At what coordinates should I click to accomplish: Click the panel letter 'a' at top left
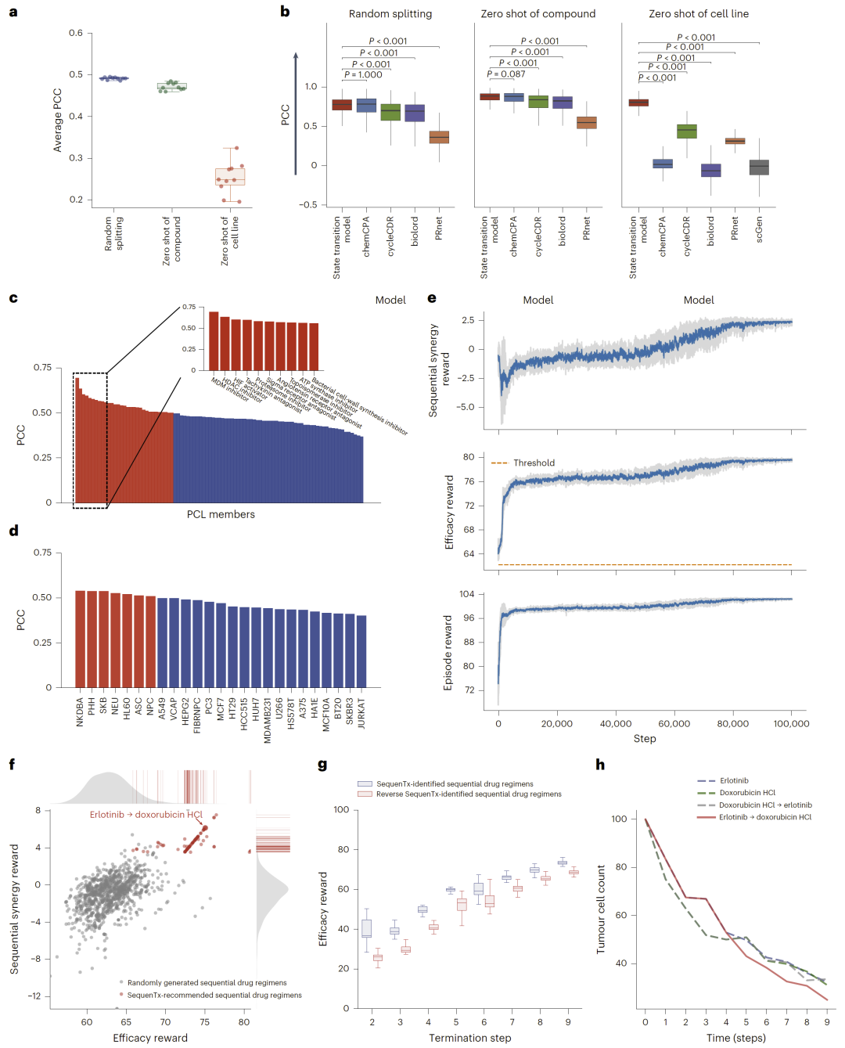(13, 12)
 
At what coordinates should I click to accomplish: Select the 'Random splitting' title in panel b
(390, 14)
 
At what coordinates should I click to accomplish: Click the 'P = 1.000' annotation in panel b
(364, 75)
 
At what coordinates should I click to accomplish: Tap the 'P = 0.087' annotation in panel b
(506, 74)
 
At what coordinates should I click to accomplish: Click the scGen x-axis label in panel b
(759, 229)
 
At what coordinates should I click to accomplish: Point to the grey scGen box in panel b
(759, 167)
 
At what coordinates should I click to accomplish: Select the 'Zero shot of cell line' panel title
(698, 14)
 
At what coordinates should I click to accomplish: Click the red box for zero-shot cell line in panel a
(230, 177)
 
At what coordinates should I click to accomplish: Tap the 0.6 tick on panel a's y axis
(76, 33)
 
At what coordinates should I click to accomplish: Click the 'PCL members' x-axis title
(221, 514)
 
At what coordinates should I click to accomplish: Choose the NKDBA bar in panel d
(80, 639)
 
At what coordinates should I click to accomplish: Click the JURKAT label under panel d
(361, 714)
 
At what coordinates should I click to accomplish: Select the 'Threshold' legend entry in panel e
(534, 463)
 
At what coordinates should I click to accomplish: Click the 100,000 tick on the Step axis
(791, 724)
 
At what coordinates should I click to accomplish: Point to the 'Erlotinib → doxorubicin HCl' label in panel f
(146, 815)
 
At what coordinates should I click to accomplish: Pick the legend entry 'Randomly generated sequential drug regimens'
(207, 983)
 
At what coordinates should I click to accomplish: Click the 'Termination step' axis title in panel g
(469, 1038)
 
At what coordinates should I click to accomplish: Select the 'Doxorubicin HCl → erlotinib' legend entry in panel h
(765, 805)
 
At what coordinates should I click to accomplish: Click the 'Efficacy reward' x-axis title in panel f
(150, 1038)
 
